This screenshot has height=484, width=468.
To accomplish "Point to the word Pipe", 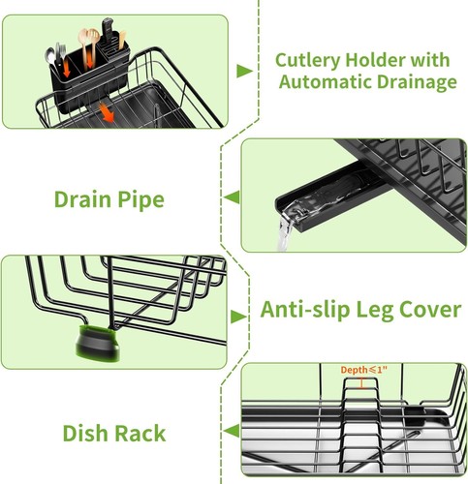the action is pyautogui.click(x=140, y=200).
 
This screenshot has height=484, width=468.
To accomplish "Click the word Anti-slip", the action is pyautogui.click(x=305, y=310).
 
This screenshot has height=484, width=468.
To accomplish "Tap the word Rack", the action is pyautogui.click(x=140, y=433).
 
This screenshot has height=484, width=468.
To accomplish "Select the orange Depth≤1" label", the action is pyautogui.click(x=363, y=370).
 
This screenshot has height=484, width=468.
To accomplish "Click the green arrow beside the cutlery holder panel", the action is pyautogui.click(x=244, y=71).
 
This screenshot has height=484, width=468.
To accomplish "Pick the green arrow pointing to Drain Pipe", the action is pyautogui.click(x=232, y=197).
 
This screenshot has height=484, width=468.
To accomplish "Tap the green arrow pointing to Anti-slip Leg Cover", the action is pyautogui.click(x=238, y=317).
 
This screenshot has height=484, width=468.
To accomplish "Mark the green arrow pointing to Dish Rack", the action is pyautogui.click(x=232, y=431).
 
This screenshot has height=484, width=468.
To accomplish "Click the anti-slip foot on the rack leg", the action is pyautogui.click(x=98, y=343).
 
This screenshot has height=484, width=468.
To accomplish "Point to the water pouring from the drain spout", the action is pyautogui.click(x=285, y=232).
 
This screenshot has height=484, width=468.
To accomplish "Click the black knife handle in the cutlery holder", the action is pyautogui.click(x=108, y=30).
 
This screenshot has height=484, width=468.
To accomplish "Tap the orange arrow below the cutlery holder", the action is pyautogui.click(x=107, y=112).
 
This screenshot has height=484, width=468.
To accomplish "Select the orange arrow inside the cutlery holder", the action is pyautogui.click(x=67, y=67).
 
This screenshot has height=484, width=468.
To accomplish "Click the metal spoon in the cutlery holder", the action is pyautogui.click(x=50, y=57).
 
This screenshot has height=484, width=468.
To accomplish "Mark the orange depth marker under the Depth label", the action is pyautogui.click(x=361, y=383).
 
